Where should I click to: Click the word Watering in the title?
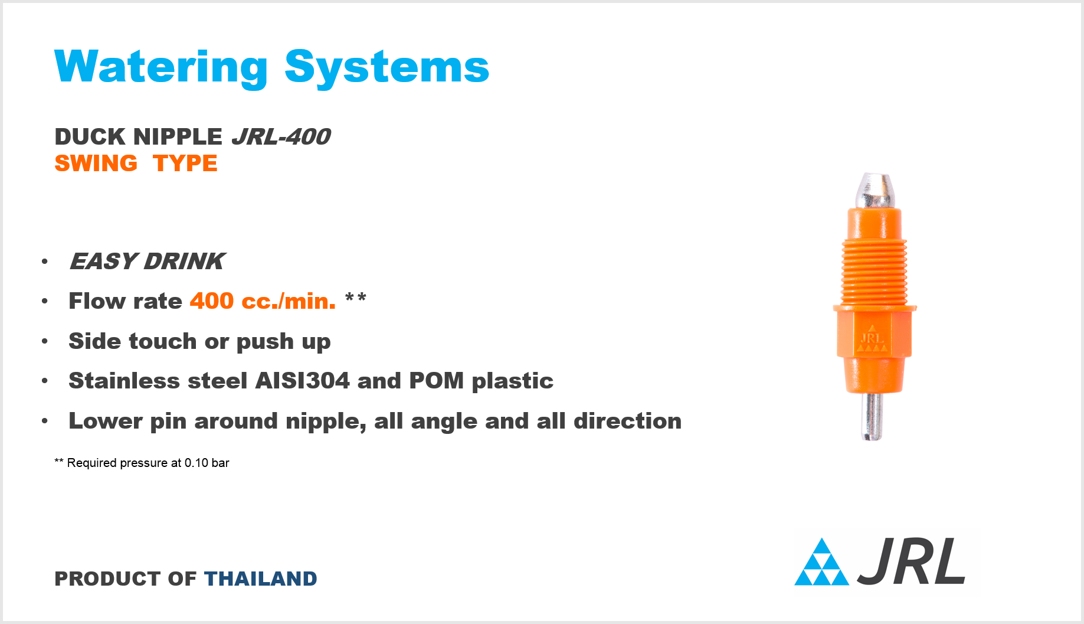(161, 68)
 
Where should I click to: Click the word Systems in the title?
(387, 68)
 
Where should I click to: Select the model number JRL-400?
(281, 137)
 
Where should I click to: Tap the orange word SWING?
(96, 164)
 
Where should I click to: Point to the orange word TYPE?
(185, 164)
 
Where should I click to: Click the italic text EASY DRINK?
(148, 262)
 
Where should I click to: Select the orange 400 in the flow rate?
(212, 301)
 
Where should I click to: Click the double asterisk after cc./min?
(356, 297)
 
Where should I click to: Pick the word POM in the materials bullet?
(436, 381)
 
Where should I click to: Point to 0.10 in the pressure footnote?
(197, 463)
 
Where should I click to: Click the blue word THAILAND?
(261, 579)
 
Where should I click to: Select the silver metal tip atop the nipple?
(873, 191)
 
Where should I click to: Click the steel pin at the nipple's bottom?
(872, 416)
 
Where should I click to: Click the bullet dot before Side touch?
(45, 341)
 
